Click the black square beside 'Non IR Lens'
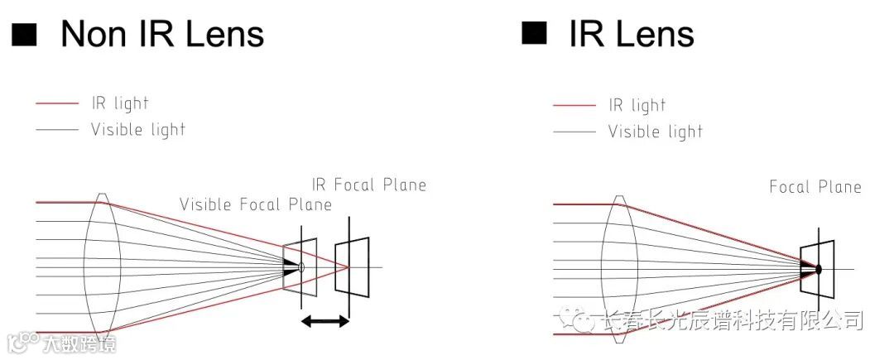[x=24, y=34]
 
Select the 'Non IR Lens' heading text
[x=162, y=34]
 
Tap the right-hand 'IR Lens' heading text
[x=632, y=34]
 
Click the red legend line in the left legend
[x=57, y=103]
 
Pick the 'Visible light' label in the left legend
[x=138, y=129]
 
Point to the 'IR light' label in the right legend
[x=637, y=105]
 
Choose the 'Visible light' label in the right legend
[x=655, y=132]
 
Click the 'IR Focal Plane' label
[x=369, y=185]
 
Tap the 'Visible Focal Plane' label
[x=256, y=204]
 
